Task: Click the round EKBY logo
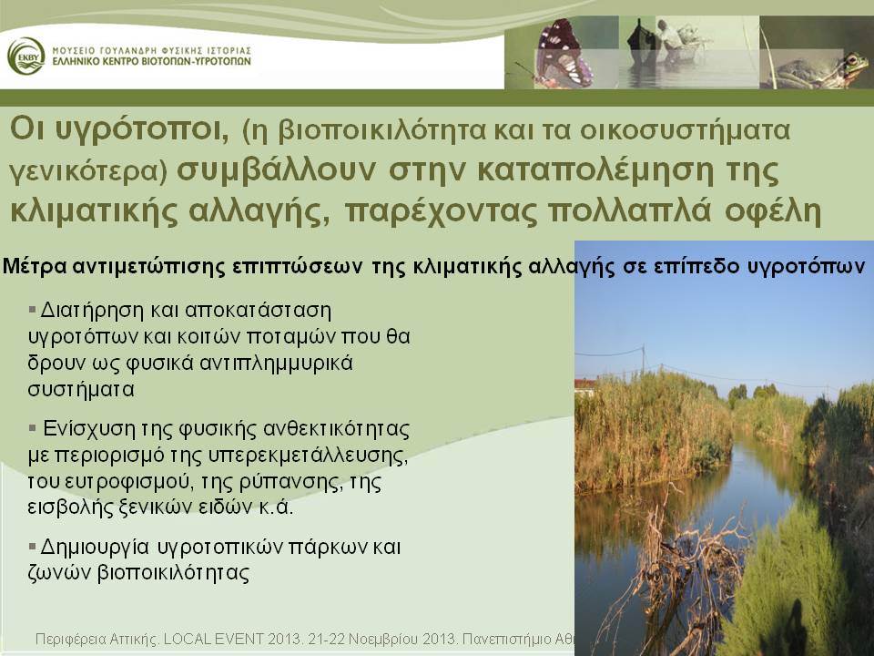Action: (25, 56)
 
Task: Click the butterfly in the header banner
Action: (559, 53)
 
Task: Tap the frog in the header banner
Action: (818, 71)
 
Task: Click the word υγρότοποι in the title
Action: (143, 129)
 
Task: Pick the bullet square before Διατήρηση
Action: (32, 308)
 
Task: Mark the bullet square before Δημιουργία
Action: (32, 545)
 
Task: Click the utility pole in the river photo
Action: (644, 358)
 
